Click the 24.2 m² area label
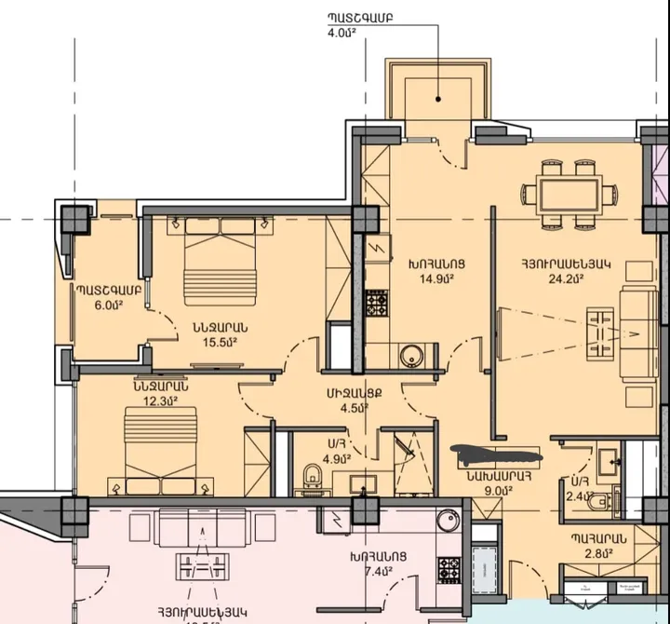point(566,278)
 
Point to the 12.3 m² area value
point(160,401)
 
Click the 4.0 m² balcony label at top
point(342,33)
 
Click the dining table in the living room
point(569,194)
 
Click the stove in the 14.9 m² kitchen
point(376,304)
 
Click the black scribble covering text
point(495,455)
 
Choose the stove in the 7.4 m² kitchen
point(449,566)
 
